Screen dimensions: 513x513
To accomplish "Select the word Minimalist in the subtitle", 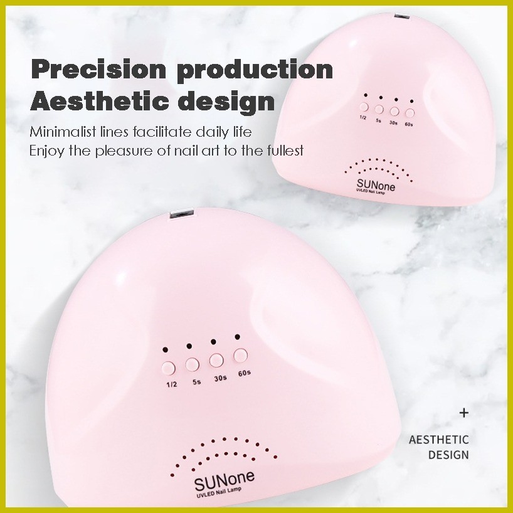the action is (63, 132).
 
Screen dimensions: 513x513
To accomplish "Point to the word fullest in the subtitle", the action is (285, 151).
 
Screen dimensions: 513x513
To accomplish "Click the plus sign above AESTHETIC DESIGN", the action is (463, 413).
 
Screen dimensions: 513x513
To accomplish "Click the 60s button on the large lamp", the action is (240, 356).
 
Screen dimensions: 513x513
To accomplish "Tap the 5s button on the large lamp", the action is (193, 364).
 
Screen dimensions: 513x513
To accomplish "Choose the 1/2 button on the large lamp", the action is (169, 368).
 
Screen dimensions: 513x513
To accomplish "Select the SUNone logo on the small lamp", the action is (376, 185).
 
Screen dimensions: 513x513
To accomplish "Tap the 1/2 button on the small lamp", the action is (364, 107).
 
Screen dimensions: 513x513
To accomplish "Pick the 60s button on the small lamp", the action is (410, 114).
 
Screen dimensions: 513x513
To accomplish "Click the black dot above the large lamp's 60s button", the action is (238, 337).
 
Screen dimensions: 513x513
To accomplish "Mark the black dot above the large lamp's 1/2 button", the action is (165, 349).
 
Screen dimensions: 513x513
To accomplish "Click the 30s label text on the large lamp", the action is (221, 378).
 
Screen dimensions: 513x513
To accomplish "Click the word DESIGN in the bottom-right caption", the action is (448, 455).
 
